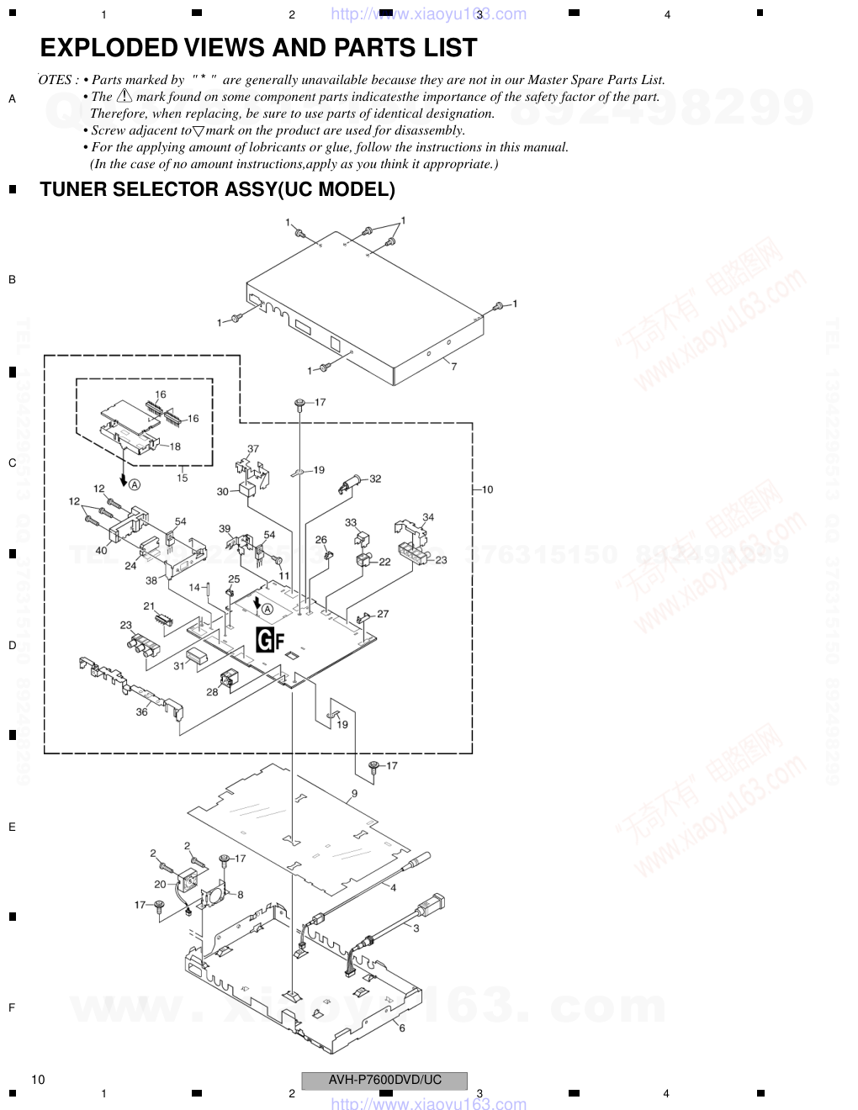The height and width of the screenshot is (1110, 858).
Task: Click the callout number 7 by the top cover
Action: click(453, 367)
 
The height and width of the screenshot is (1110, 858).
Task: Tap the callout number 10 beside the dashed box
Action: click(487, 489)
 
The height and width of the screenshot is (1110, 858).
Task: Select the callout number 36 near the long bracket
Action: click(141, 711)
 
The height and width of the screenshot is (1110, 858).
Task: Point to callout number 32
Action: click(375, 478)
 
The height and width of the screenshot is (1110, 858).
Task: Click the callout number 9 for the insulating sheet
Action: click(354, 793)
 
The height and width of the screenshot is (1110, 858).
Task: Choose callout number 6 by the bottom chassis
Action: click(402, 1028)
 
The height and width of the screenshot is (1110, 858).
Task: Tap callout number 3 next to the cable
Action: click(416, 928)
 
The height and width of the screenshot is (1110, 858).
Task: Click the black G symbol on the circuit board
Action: click(265, 641)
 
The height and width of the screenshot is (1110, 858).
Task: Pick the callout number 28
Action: click(212, 692)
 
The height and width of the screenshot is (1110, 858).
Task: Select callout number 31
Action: click(179, 666)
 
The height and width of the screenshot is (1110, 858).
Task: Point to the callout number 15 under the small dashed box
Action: click(182, 478)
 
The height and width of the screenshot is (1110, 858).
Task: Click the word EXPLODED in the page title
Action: click(109, 48)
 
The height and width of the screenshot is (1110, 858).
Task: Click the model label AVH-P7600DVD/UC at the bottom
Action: click(384, 1080)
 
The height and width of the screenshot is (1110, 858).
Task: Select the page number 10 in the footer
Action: click(38, 1080)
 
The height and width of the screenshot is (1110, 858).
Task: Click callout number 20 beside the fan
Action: click(160, 884)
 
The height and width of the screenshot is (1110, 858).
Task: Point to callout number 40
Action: click(101, 550)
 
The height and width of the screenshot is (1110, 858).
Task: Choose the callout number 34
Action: click(428, 517)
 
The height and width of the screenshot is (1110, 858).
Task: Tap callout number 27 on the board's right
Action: click(383, 614)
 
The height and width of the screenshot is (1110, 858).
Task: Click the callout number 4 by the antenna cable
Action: click(393, 887)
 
